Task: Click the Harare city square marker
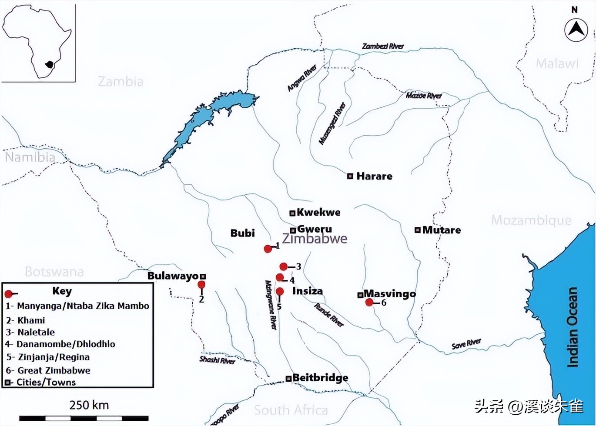[x=350, y=176]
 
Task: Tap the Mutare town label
[x=441, y=230]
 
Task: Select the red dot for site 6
[x=369, y=303]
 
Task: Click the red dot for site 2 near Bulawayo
[x=201, y=285]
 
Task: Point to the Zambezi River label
[x=383, y=46]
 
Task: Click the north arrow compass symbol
[x=576, y=30]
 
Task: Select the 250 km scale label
[x=89, y=405]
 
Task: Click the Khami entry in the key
[x=31, y=320]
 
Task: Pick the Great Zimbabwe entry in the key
[x=54, y=370]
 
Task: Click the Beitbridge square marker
[x=288, y=379]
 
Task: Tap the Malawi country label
[x=557, y=63]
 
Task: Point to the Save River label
[x=466, y=344]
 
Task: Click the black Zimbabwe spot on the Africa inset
[x=50, y=65]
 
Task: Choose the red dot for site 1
[x=268, y=249]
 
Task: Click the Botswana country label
[x=54, y=272]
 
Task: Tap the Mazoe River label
[x=424, y=96]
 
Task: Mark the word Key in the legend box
[x=62, y=291]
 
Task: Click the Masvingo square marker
[x=360, y=295]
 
